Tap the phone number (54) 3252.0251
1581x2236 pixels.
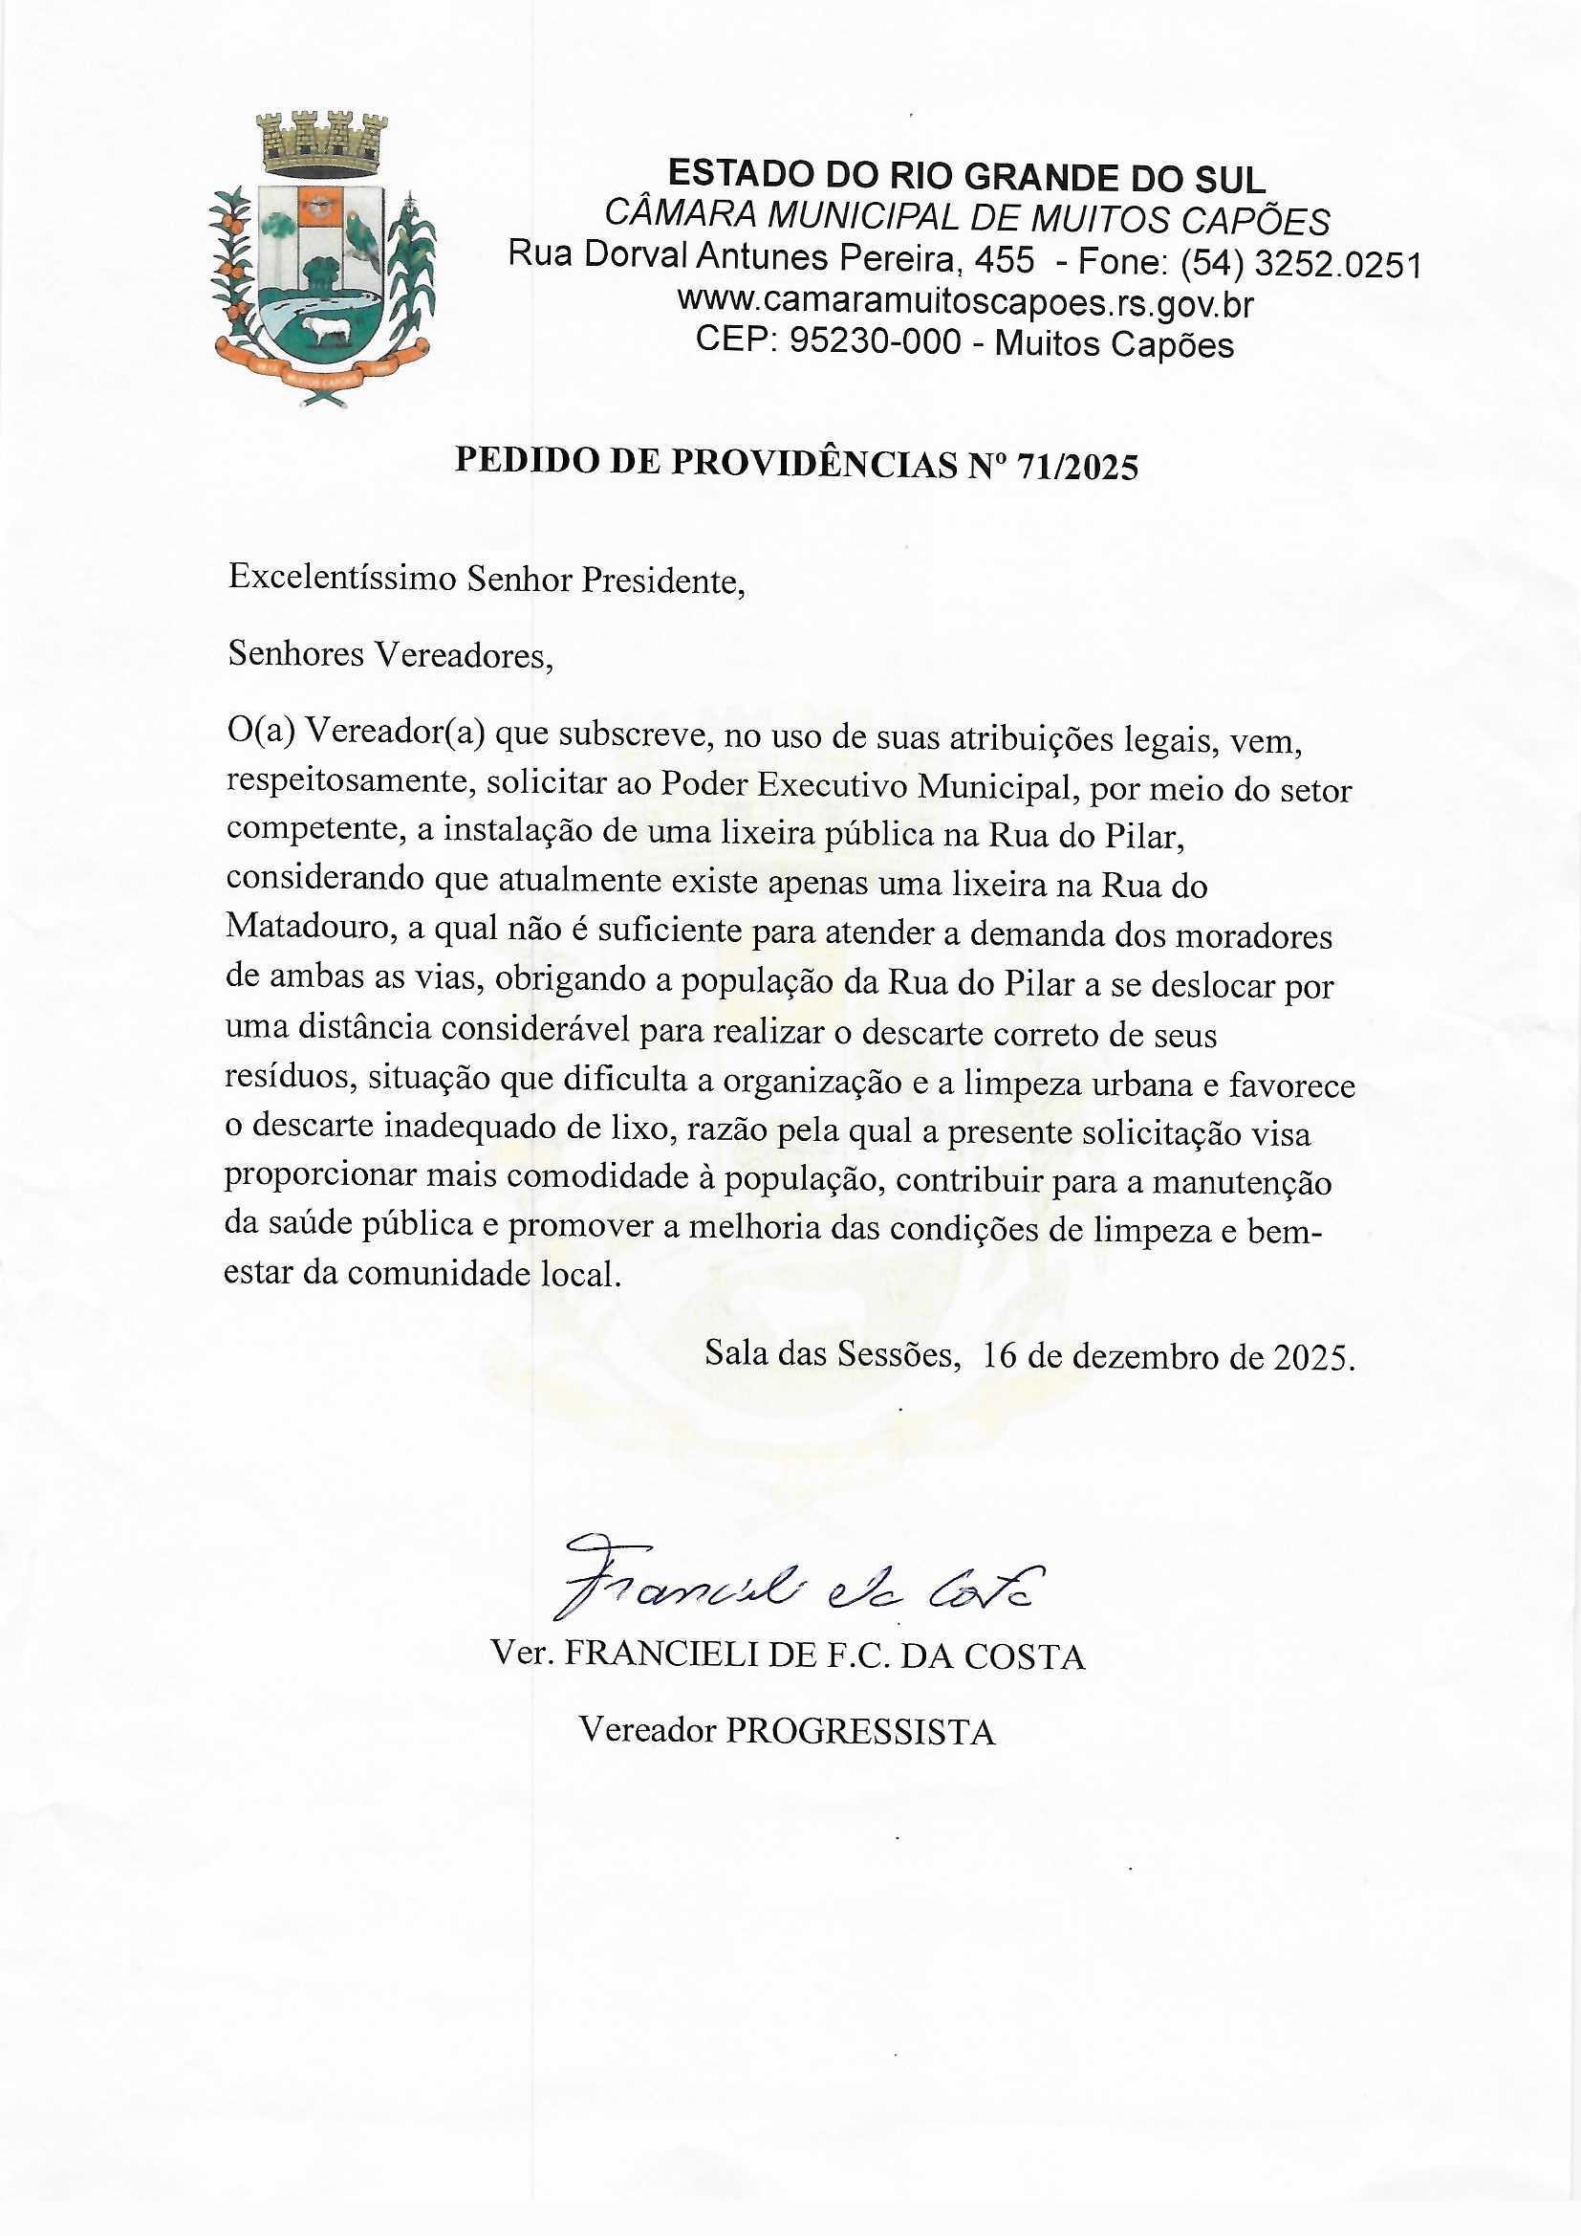[x=1300, y=264]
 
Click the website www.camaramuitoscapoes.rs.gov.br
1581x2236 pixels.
[x=964, y=304]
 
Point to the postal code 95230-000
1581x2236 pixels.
[x=876, y=342]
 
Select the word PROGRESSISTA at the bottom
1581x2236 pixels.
[x=861, y=1732]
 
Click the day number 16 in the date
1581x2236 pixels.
[x=1002, y=1354]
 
